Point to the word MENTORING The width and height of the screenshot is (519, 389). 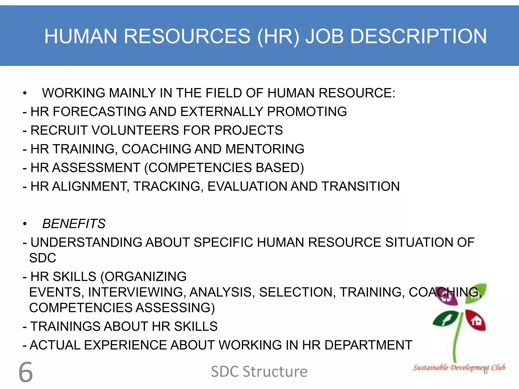[x=265, y=149]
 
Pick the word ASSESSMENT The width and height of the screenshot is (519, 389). [x=96, y=168]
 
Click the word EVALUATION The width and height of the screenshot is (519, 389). [x=247, y=186]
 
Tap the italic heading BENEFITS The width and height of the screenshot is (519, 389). [x=74, y=224]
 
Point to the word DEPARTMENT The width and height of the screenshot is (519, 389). [x=368, y=345]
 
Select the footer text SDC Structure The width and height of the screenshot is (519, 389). [x=259, y=372]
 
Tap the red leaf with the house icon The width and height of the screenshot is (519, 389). [x=476, y=320]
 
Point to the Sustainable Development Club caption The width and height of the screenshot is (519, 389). [x=459, y=367]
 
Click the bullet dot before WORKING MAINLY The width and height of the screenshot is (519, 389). [x=25, y=93]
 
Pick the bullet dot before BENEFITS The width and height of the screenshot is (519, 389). [x=25, y=224]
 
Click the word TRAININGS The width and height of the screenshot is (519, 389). [x=65, y=326]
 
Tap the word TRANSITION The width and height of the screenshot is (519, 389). [x=361, y=186]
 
